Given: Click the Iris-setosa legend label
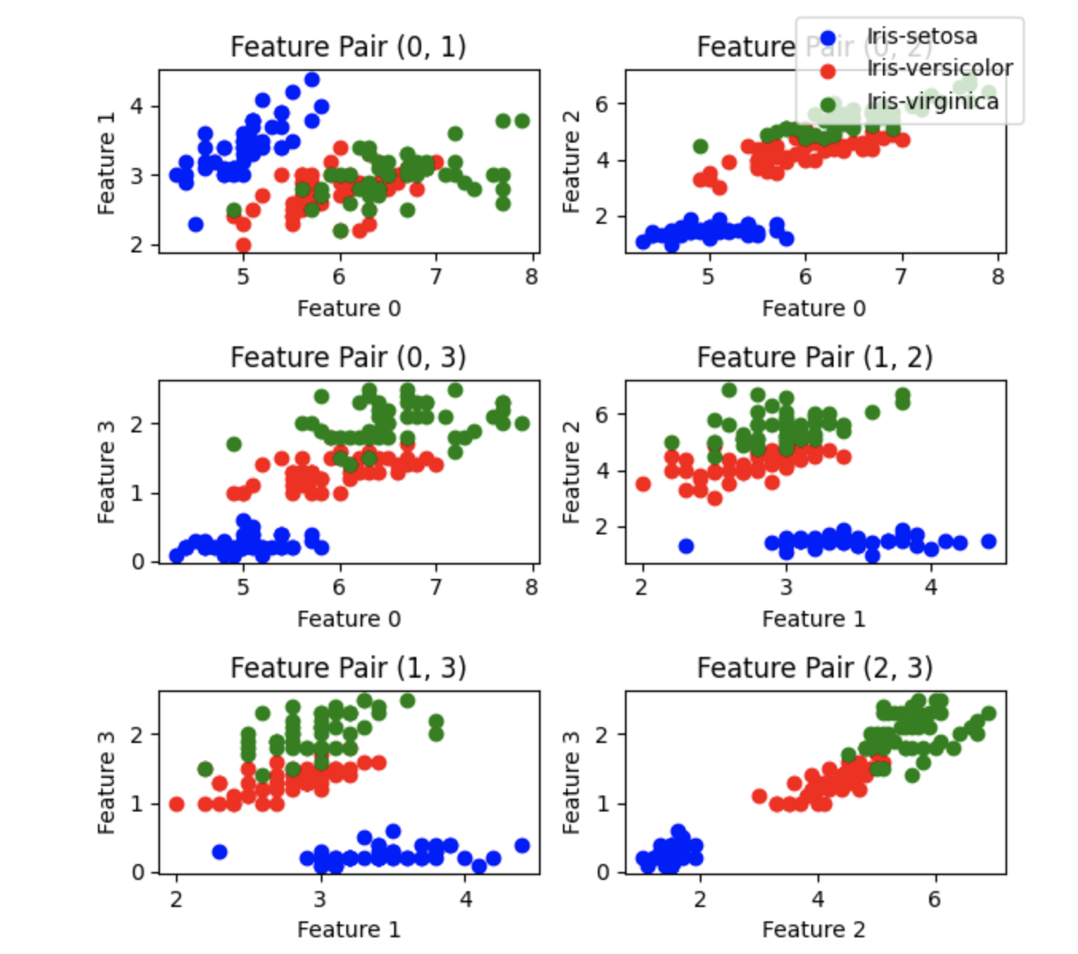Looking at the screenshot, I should click(x=921, y=37).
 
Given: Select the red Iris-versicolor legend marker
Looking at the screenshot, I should click(x=828, y=71).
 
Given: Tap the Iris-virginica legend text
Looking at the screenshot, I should click(x=932, y=102).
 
